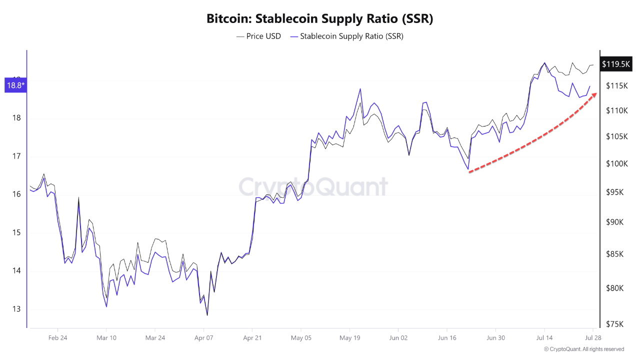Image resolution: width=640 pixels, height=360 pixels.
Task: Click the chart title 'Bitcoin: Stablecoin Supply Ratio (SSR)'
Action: [x=319, y=19]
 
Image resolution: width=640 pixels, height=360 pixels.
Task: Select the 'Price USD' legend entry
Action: [x=258, y=36]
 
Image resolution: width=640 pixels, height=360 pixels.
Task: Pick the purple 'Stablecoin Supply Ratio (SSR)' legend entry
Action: [x=346, y=36]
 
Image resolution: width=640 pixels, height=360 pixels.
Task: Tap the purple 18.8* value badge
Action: [x=15, y=85]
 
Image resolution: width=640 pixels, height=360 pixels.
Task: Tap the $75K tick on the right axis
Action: [x=614, y=324]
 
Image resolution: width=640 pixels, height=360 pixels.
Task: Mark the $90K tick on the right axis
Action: [x=614, y=222]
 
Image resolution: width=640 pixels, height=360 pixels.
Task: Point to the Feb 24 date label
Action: [x=57, y=337]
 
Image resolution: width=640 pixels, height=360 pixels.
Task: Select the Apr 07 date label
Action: [x=203, y=337]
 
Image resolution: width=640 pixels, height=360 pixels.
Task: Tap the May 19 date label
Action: [x=349, y=337]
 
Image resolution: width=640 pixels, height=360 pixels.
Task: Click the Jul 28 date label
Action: [x=592, y=337]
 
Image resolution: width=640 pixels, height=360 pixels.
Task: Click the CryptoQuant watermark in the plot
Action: [x=313, y=187]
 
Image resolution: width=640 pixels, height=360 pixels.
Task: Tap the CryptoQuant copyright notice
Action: [x=584, y=349]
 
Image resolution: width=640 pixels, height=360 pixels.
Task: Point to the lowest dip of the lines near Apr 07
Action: [x=207, y=315]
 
